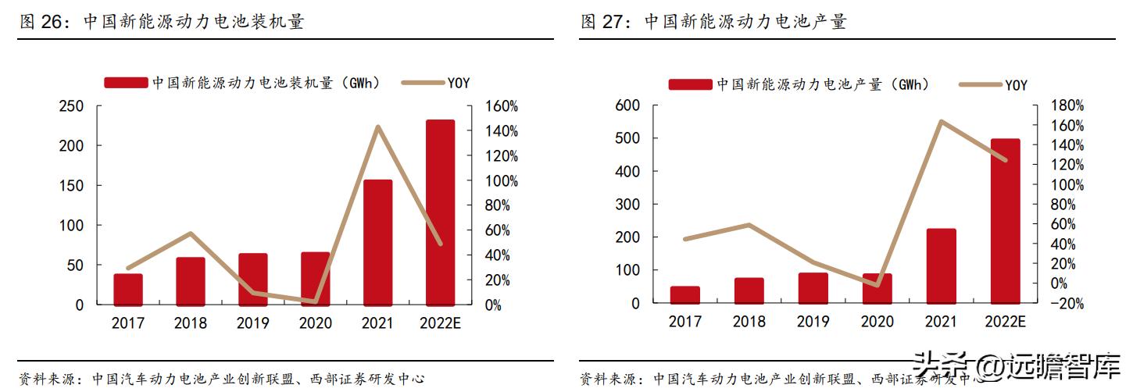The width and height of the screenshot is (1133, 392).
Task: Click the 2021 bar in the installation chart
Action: (377, 242)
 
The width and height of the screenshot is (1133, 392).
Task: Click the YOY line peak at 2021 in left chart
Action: (377, 127)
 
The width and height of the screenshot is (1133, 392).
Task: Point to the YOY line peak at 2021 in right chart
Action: (941, 121)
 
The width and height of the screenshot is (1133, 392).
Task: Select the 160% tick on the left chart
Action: (501, 106)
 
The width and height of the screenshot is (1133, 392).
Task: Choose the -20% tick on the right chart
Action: (1066, 305)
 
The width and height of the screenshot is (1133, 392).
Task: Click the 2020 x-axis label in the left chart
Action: (315, 323)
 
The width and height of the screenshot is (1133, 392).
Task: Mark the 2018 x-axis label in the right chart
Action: (749, 322)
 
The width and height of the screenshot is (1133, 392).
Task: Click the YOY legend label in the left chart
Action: (458, 83)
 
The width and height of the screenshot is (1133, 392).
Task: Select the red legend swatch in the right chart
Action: (689, 84)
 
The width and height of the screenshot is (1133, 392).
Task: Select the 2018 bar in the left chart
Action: (190, 281)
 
